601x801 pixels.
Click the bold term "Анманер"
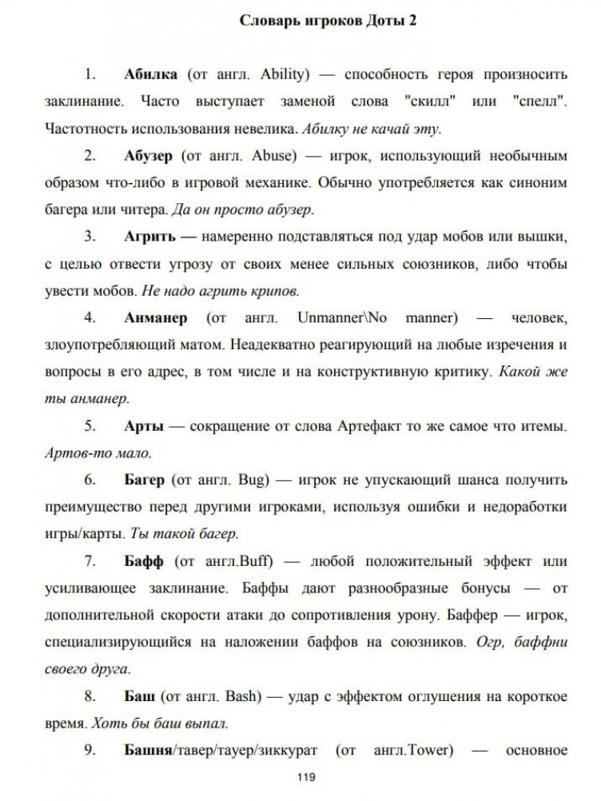[156, 317]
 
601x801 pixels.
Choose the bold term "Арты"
[144, 426]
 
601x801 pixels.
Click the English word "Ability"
[285, 75]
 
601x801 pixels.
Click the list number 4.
[90, 317]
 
